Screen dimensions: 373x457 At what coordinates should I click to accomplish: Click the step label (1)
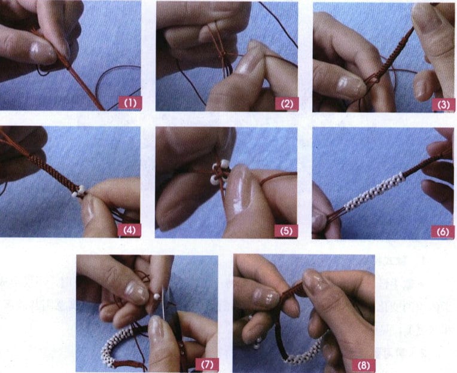click(130, 103)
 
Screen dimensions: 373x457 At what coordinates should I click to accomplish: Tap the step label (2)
click(287, 103)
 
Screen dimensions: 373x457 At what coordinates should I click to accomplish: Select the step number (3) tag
click(443, 103)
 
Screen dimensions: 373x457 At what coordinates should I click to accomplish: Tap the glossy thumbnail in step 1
click(43, 53)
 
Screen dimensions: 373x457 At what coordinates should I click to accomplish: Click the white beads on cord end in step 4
click(78, 191)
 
